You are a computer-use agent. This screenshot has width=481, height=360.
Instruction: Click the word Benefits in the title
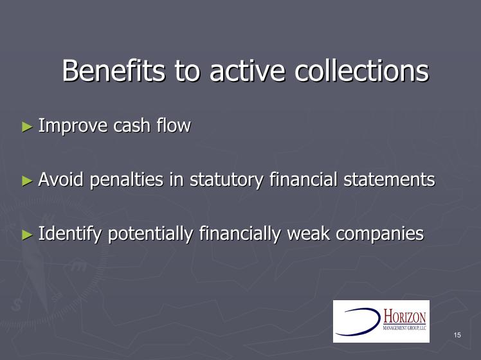[x=114, y=71]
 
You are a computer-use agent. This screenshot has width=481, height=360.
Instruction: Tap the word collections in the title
[x=361, y=71]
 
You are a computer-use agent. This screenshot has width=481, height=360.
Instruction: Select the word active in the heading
[x=247, y=71]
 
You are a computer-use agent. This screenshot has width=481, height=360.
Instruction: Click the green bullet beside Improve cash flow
[x=27, y=127]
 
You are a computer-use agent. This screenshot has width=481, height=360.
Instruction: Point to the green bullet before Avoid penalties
[x=27, y=181]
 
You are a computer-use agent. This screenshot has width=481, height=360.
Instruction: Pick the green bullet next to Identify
[x=27, y=235]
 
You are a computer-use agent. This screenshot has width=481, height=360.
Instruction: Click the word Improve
[x=73, y=126]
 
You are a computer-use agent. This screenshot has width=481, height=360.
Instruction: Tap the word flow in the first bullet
[x=174, y=125]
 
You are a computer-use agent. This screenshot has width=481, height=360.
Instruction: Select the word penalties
[x=127, y=180]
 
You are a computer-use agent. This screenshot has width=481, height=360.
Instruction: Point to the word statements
[x=389, y=179]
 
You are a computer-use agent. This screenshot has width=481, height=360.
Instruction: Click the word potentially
[x=150, y=234]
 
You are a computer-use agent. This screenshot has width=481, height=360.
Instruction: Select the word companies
[x=380, y=234]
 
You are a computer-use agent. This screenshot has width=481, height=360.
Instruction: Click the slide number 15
[x=457, y=335]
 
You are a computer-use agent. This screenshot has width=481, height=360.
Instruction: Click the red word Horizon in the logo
[x=404, y=317]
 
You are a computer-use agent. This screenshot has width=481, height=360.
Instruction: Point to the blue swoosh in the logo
[x=358, y=321]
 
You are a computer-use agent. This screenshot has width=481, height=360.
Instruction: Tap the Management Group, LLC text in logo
[x=404, y=328]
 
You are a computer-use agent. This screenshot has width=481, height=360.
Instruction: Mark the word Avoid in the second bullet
[x=60, y=179]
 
